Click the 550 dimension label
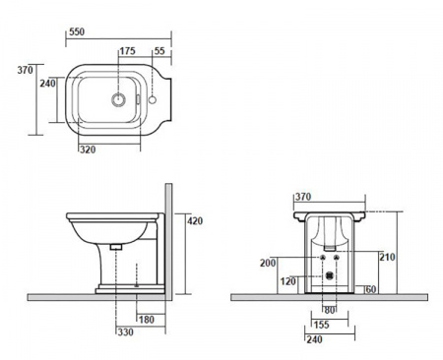coord(77,31)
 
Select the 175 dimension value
coord(127,51)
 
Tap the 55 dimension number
coord(159,51)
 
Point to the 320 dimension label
coord(88,150)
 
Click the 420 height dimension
coord(195,221)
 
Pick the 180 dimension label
coord(147,320)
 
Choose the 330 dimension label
coord(126,332)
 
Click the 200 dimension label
coord(268,263)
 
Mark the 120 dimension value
coord(287,281)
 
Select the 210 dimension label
coord(387,257)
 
